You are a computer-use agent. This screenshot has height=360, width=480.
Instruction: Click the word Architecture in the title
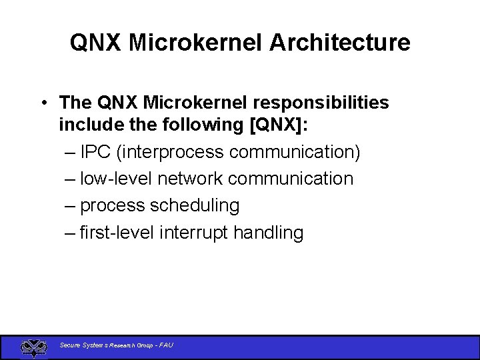click(x=340, y=43)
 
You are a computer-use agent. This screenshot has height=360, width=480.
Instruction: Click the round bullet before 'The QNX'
click(x=42, y=103)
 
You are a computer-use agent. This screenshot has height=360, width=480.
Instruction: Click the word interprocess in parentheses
click(x=171, y=152)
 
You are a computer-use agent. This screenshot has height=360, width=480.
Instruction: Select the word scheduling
click(x=195, y=206)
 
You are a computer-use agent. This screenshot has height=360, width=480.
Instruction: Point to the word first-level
click(x=117, y=233)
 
